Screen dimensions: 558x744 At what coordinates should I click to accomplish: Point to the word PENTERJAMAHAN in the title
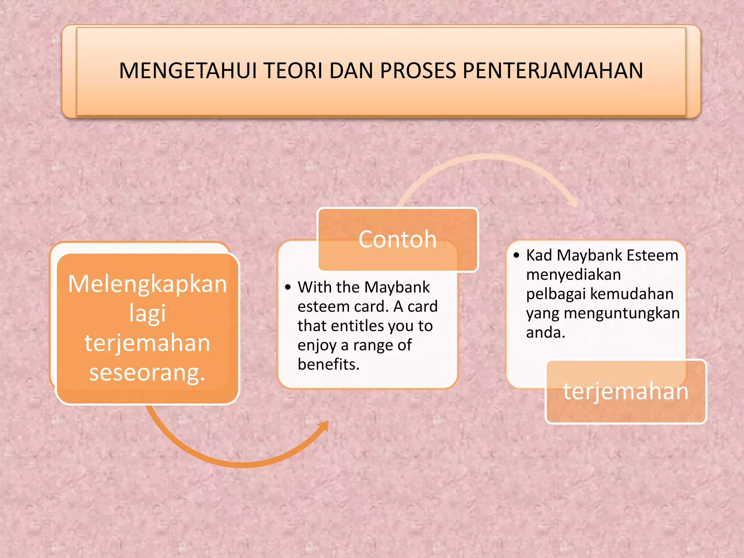[553, 70]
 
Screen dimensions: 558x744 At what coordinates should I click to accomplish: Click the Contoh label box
[397, 239]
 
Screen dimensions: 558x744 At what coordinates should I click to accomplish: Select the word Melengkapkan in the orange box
[147, 284]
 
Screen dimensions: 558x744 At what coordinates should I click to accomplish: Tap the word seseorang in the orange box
[147, 373]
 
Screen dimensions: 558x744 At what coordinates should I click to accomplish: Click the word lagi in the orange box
[147, 313]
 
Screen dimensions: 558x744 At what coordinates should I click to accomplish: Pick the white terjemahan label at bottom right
[626, 392]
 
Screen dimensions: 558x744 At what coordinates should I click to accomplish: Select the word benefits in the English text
[328, 364]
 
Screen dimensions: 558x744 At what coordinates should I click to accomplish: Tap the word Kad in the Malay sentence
[539, 255]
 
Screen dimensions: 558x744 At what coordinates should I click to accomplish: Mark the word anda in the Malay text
[545, 332]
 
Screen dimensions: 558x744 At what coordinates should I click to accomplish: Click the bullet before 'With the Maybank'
[288, 288]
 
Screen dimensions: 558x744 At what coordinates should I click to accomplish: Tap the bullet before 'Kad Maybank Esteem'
[517, 255]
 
